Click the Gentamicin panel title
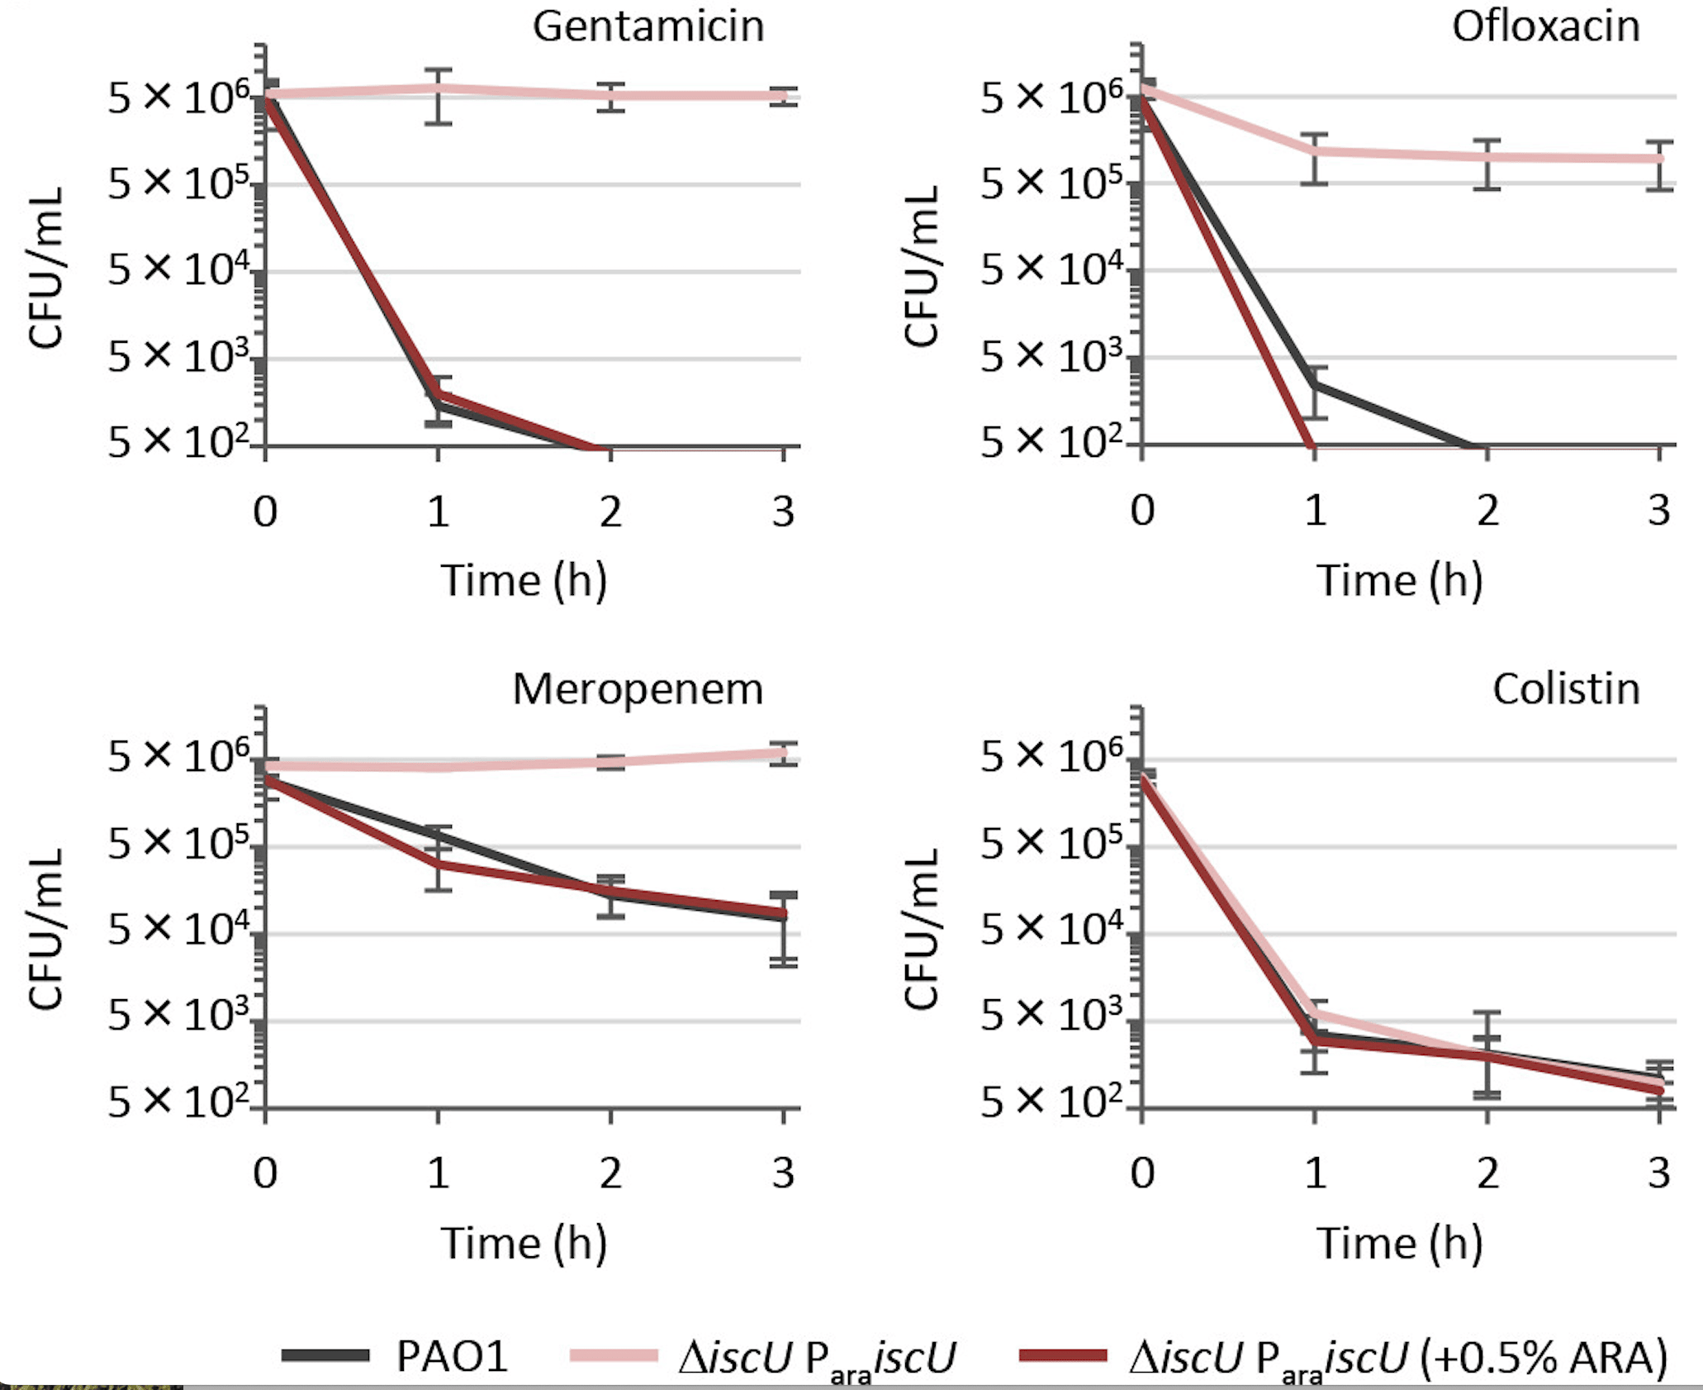(x=648, y=26)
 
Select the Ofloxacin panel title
(x=1545, y=26)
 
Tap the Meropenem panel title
(x=638, y=689)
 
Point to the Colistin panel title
(x=1566, y=689)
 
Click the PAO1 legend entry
(x=450, y=1356)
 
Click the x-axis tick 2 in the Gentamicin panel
(x=610, y=512)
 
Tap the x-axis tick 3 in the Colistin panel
(x=1658, y=1173)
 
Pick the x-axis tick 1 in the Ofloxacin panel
(x=1315, y=512)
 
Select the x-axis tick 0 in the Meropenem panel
(x=265, y=1173)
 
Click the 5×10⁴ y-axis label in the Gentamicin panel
(x=178, y=269)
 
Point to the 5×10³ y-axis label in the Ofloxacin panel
(x=1051, y=356)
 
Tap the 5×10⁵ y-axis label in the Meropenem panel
(x=178, y=844)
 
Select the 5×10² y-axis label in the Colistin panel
(x=1051, y=1102)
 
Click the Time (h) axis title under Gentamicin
(x=524, y=580)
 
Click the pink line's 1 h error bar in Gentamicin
(x=438, y=96)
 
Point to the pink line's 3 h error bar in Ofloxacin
(x=1658, y=165)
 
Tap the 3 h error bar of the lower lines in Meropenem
(x=783, y=930)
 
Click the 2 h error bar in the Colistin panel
(x=1487, y=1054)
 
